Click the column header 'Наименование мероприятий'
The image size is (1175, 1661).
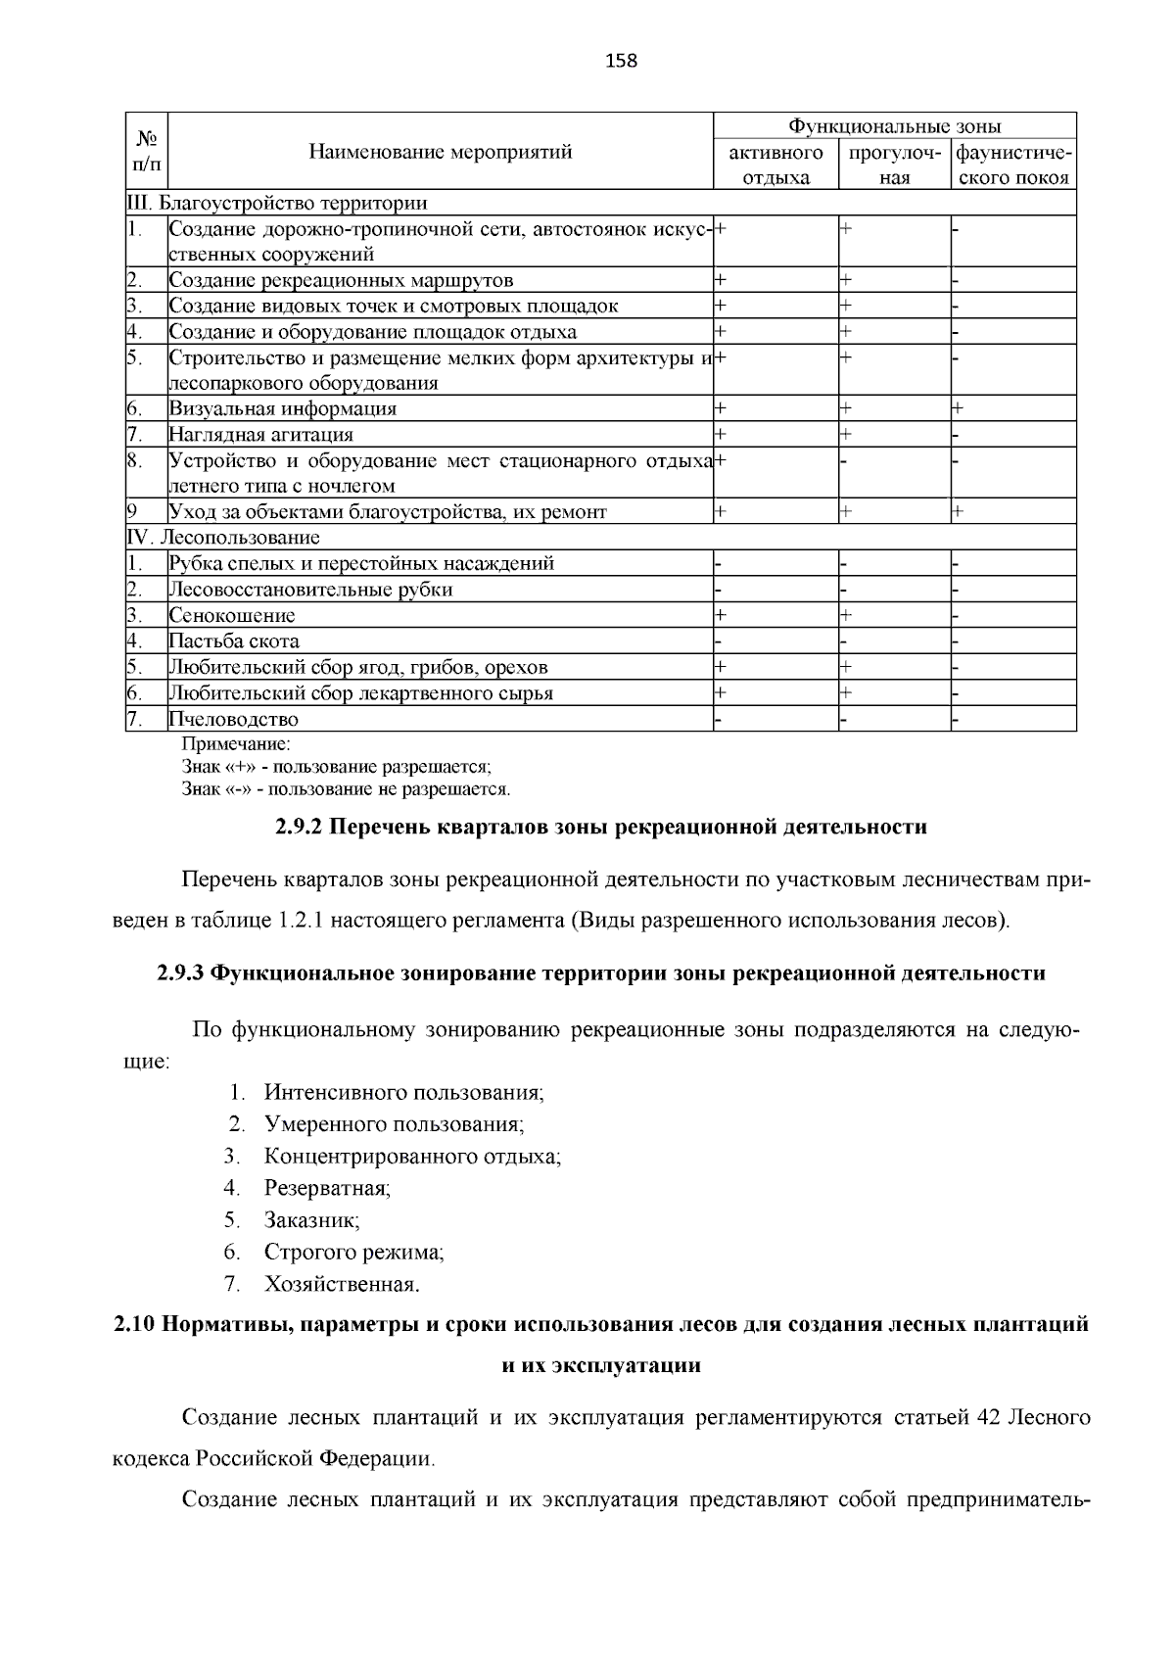coord(440,152)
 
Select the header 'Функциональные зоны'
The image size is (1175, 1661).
coord(895,126)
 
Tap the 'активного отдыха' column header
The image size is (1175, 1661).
coord(775,166)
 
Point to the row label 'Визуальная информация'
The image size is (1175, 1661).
coord(283,409)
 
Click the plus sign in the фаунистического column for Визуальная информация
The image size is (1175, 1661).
coord(959,408)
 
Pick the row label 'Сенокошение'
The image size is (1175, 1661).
coord(232,616)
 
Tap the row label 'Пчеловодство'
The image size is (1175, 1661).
coord(234,720)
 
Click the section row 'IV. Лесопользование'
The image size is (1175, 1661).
coord(224,538)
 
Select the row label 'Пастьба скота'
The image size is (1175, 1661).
coord(234,641)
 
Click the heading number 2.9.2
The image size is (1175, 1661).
coord(299,828)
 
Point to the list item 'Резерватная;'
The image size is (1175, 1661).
coord(327,1189)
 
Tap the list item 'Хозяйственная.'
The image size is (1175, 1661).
coord(342,1284)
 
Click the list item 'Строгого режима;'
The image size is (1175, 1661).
coord(353,1253)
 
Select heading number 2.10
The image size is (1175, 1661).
coord(133,1325)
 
